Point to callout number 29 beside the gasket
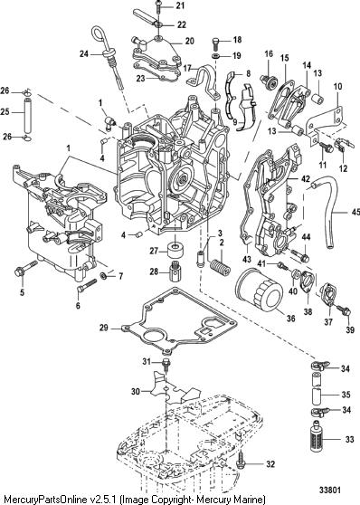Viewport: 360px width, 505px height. pos(104,328)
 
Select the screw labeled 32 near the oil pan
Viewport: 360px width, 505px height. pos(241,462)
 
